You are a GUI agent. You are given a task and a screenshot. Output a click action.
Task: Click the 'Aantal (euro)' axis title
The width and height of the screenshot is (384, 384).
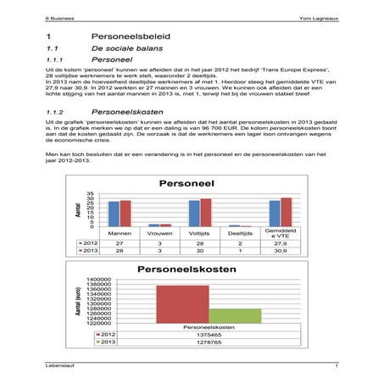[x=77, y=301]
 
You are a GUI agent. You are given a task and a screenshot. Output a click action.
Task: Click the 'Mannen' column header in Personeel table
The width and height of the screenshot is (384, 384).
[x=120, y=231]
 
